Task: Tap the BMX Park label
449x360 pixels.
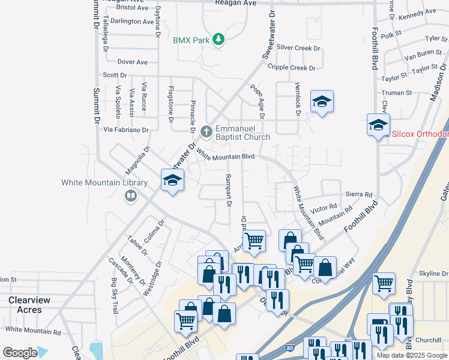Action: (x=190, y=40)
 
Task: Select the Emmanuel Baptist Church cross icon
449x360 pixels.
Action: (x=206, y=130)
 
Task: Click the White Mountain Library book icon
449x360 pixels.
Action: (x=130, y=196)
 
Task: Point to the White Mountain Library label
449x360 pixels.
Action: (x=104, y=182)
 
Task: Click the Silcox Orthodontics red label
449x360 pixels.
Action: (x=420, y=134)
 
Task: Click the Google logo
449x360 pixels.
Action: (x=19, y=353)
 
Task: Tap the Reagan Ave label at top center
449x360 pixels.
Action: (x=236, y=3)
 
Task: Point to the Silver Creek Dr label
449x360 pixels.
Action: (x=298, y=48)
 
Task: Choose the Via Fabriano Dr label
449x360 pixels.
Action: (x=126, y=130)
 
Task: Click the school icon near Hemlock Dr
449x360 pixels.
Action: (x=322, y=101)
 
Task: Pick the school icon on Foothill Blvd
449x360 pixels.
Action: (x=378, y=125)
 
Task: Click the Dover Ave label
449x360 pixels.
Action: (x=133, y=62)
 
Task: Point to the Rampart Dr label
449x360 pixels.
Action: (x=228, y=190)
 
